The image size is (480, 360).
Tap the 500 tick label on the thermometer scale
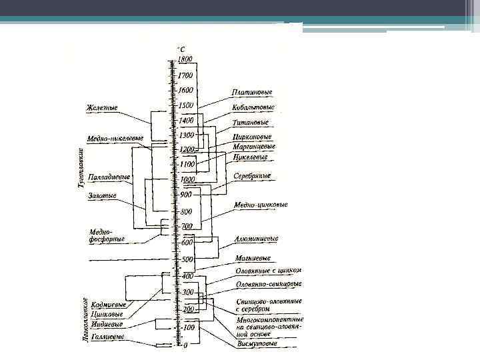click(x=187, y=259)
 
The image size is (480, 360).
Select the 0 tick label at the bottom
click(x=185, y=345)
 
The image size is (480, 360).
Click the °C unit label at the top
click(x=181, y=48)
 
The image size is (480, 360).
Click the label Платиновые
click(x=251, y=92)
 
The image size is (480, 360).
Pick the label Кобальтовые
click(x=253, y=107)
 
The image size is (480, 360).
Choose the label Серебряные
click(x=252, y=176)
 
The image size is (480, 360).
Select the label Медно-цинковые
click(x=261, y=205)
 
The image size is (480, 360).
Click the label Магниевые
click(x=252, y=257)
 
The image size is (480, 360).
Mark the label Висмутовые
click(x=254, y=344)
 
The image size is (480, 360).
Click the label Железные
click(x=101, y=107)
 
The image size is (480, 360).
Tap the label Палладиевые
click(x=108, y=178)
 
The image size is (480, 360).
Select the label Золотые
click(x=102, y=195)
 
